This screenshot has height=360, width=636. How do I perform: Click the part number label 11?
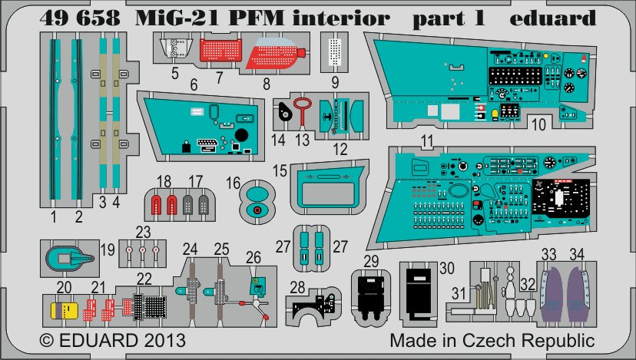[x=427, y=140]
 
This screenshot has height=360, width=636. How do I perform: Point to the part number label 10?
[x=538, y=123]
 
